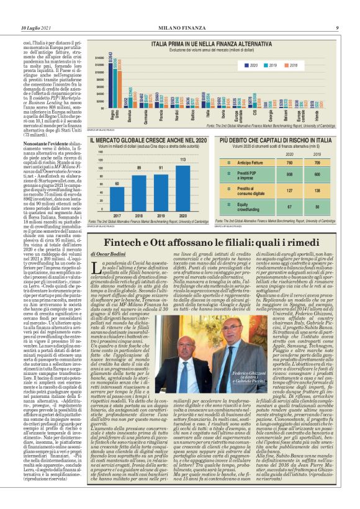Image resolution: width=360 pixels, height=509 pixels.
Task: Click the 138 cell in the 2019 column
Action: click(317, 189)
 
